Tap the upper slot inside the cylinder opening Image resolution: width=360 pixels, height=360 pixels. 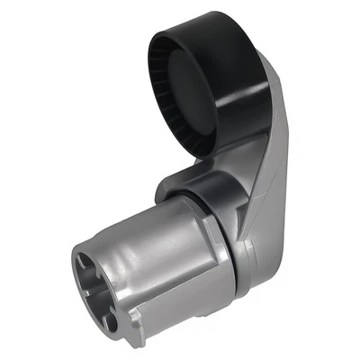[90, 262]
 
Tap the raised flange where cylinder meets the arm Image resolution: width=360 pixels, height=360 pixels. [216, 238]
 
